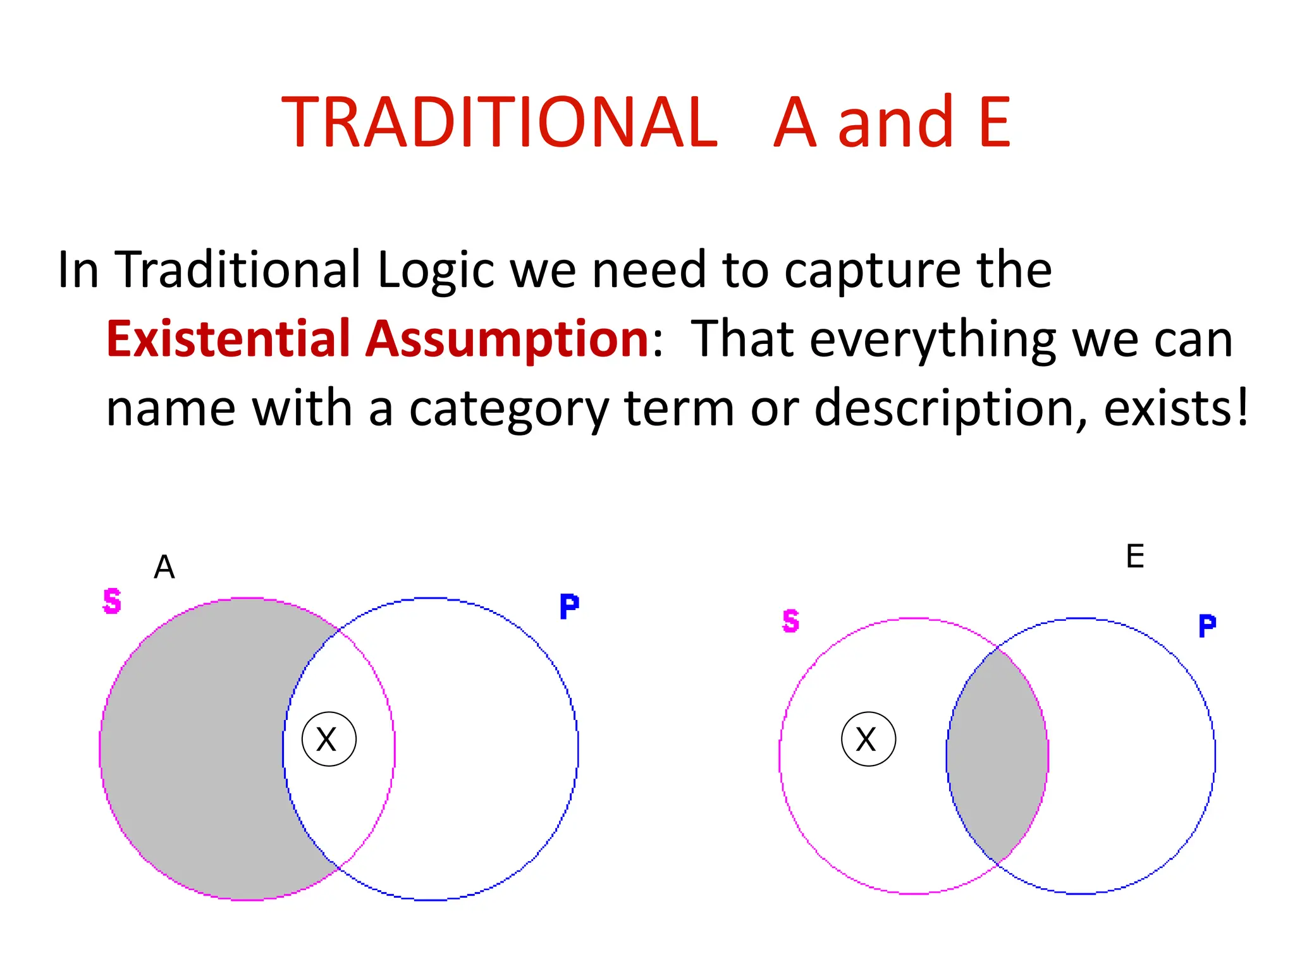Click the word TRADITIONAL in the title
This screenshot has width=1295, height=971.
(x=500, y=123)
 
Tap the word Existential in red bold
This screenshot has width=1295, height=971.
(x=228, y=339)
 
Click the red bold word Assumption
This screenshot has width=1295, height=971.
(x=507, y=339)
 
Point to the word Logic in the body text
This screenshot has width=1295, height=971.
(x=435, y=271)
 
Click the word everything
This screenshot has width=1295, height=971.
(x=932, y=340)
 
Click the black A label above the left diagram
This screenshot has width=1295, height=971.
(x=164, y=567)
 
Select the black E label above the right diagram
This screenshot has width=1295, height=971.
(x=1135, y=557)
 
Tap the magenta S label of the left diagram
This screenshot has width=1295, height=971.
(x=112, y=601)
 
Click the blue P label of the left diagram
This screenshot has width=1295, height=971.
(x=569, y=607)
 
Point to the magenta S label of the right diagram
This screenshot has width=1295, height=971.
(x=790, y=621)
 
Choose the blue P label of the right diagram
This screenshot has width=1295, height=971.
(x=1207, y=626)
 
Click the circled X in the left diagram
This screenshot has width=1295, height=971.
(x=329, y=739)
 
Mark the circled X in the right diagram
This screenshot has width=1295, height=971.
(x=868, y=739)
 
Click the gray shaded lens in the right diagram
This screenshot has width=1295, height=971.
(x=998, y=755)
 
